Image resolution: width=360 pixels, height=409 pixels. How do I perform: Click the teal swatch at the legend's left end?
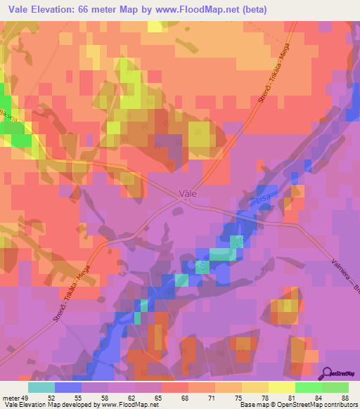[x=41, y=387]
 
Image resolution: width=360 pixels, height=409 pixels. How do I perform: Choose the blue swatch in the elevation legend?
[x=68, y=387]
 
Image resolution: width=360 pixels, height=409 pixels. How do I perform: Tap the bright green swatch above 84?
[x=309, y=387]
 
